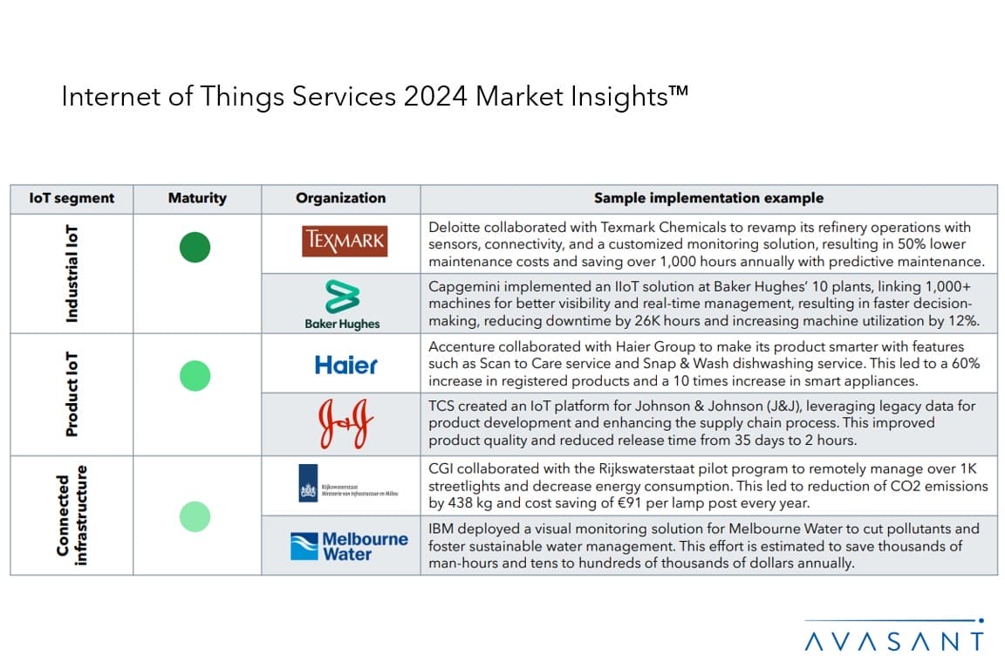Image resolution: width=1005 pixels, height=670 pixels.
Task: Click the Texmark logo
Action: tap(345, 242)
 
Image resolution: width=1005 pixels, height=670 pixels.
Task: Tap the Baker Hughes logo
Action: tap(342, 304)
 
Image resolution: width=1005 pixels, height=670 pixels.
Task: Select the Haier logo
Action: tap(346, 364)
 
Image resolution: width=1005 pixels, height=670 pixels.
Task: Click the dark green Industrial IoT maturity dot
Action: tap(195, 248)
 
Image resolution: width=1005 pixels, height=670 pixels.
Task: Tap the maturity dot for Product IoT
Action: tap(195, 376)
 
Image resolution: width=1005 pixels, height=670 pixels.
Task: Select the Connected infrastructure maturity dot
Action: tap(195, 516)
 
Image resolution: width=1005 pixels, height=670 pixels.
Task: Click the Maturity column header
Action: tap(197, 198)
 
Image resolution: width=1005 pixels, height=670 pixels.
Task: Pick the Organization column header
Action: tap(340, 198)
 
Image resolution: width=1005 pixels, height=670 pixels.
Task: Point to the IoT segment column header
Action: tap(72, 198)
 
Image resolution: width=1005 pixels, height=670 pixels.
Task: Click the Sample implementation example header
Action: tap(708, 198)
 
